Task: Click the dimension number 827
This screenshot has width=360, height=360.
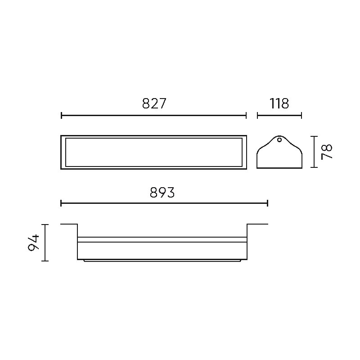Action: pyautogui.click(x=154, y=103)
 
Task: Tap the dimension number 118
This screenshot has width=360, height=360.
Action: pyautogui.click(x=279, y=103)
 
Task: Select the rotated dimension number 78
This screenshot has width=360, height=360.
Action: pyautogui.click(x=327, y=152)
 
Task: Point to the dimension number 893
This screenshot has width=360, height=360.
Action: pyautogui.click(x=162, y=193)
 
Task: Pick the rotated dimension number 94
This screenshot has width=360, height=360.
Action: pyautogui.click(x=33, y=243)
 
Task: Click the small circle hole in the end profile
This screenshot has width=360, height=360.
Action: pyautogui.click(x=279, y=140)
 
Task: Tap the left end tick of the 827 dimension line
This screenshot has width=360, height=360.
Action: pyautogui.click(x=61, y=116)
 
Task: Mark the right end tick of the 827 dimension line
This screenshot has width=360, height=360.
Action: pyautogui.click(x=246, y=116)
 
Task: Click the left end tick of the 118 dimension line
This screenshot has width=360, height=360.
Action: pyautogui.click(x=257, y=116)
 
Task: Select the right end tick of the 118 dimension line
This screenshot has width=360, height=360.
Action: pyautogui.click(x=301, y=116)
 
